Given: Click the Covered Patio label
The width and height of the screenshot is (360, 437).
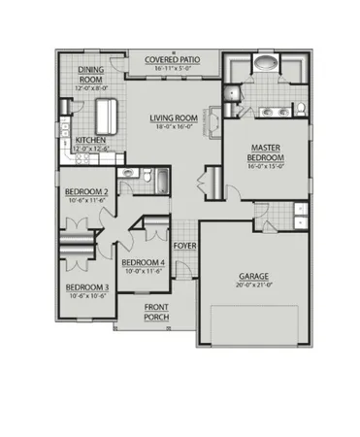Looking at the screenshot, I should pos(173,60).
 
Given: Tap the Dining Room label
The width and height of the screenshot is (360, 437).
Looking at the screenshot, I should pos(90,74).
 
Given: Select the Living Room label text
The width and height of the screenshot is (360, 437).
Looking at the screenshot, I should pos(172,119).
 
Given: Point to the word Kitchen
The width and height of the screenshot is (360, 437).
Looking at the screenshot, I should pos(90,140).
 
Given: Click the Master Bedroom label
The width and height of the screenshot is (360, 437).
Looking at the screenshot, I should pos(266,151).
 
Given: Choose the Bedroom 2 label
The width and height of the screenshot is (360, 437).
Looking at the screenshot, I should pos(85,191).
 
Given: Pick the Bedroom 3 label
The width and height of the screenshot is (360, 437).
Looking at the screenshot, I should pos(85,287).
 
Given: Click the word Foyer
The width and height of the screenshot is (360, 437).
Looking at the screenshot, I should pos(185,247).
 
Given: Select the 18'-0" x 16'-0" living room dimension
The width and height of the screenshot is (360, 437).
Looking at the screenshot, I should pos(172,128).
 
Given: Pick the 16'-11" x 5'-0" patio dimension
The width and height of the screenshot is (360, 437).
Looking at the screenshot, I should pos(173,69).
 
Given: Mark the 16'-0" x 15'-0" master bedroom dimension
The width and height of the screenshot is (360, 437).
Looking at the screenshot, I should pos(266,166).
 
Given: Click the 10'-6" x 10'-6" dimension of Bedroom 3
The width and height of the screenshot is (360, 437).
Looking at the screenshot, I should pos(85,296).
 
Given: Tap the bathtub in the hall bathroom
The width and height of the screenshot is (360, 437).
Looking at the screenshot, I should pos(161,180).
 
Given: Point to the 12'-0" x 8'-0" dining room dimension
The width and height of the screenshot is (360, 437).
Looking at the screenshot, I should pos(90,89).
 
